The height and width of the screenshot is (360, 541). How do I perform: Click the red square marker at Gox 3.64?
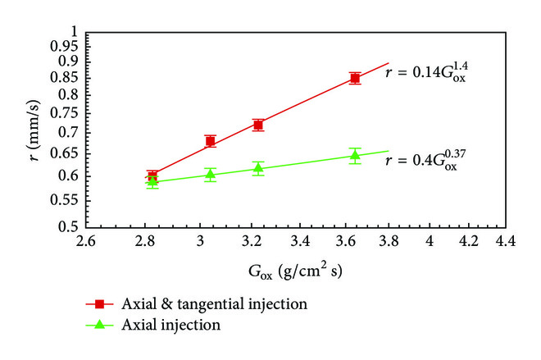pos(355,78)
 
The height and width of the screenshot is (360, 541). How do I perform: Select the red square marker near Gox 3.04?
pos(211,141)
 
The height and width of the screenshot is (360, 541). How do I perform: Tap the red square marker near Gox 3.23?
pos(258,125)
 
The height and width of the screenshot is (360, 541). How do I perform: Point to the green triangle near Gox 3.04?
pos(211,174)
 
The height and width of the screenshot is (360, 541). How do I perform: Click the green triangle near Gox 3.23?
pos(258,168)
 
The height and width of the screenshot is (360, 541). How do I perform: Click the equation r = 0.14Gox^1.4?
pos(427,74)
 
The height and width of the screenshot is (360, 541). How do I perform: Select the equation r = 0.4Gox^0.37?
pos(421,162)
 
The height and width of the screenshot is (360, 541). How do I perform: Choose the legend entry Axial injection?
pos(170,324)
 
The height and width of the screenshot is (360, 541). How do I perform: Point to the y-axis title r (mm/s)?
pos(30,129)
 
